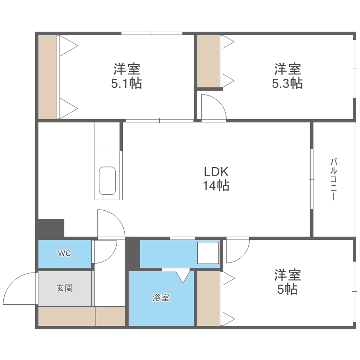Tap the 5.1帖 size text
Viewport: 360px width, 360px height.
[127, 84]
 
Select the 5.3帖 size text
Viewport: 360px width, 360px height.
[287, 84]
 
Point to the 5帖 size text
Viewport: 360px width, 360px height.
[287, 289]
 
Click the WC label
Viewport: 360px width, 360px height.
[64, 253]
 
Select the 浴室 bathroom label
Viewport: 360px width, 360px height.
[161, 298]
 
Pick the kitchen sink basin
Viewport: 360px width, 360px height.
[107, 181]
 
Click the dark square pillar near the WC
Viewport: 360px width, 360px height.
[51, 228]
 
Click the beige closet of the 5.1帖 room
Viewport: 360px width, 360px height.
[48, 77]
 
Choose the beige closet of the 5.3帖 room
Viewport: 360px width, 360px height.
[209, 61]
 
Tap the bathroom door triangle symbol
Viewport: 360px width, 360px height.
[182, 276]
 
